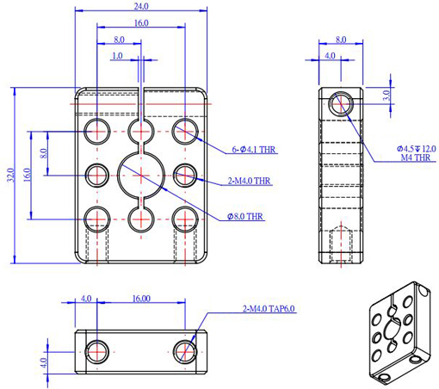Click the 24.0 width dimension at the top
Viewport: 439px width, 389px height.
(141, 6)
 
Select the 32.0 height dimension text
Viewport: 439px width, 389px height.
(11, 175)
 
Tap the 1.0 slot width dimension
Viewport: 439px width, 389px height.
(117, 55)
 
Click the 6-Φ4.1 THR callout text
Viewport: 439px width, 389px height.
(254, 150)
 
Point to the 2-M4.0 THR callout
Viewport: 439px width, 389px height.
(249, 181)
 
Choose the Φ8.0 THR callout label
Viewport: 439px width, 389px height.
(245, 216)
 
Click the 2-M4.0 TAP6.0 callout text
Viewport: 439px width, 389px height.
(269, 309)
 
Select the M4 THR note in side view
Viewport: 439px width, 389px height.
(416, 157)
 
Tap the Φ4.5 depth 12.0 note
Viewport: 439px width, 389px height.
(417, 149)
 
